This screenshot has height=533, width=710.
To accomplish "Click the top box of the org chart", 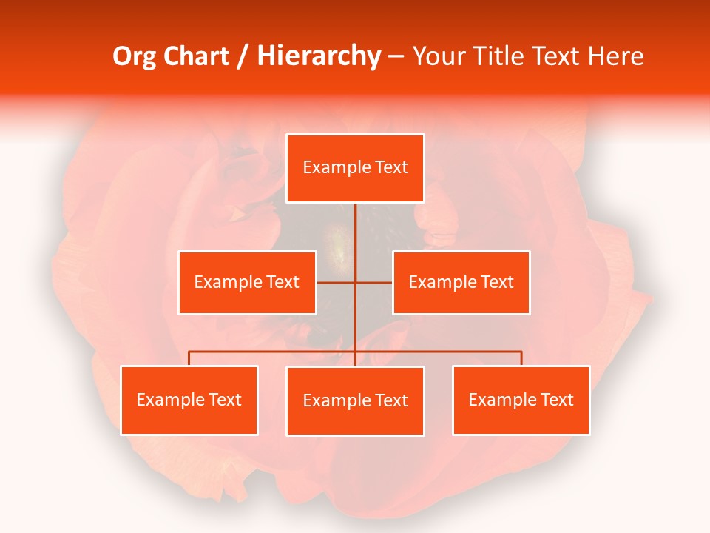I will (x=355, y=168).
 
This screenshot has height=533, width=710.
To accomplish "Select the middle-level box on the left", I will (x=247, y=282).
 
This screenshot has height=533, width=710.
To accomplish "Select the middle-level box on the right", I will (x=461, y=282).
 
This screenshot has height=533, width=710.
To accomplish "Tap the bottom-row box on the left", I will (x=189, y=400).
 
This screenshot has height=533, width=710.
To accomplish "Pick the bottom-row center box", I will (x=355, y=401).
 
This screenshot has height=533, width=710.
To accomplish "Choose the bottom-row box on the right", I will (x=521, y=400).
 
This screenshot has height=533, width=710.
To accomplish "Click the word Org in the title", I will (x=133, y=56).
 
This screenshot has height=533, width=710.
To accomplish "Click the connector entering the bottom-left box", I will (x=189, y=358).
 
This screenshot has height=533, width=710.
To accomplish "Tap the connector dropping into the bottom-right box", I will (x=521, y=358).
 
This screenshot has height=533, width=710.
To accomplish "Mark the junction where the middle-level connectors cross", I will (x=355, y=282).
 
